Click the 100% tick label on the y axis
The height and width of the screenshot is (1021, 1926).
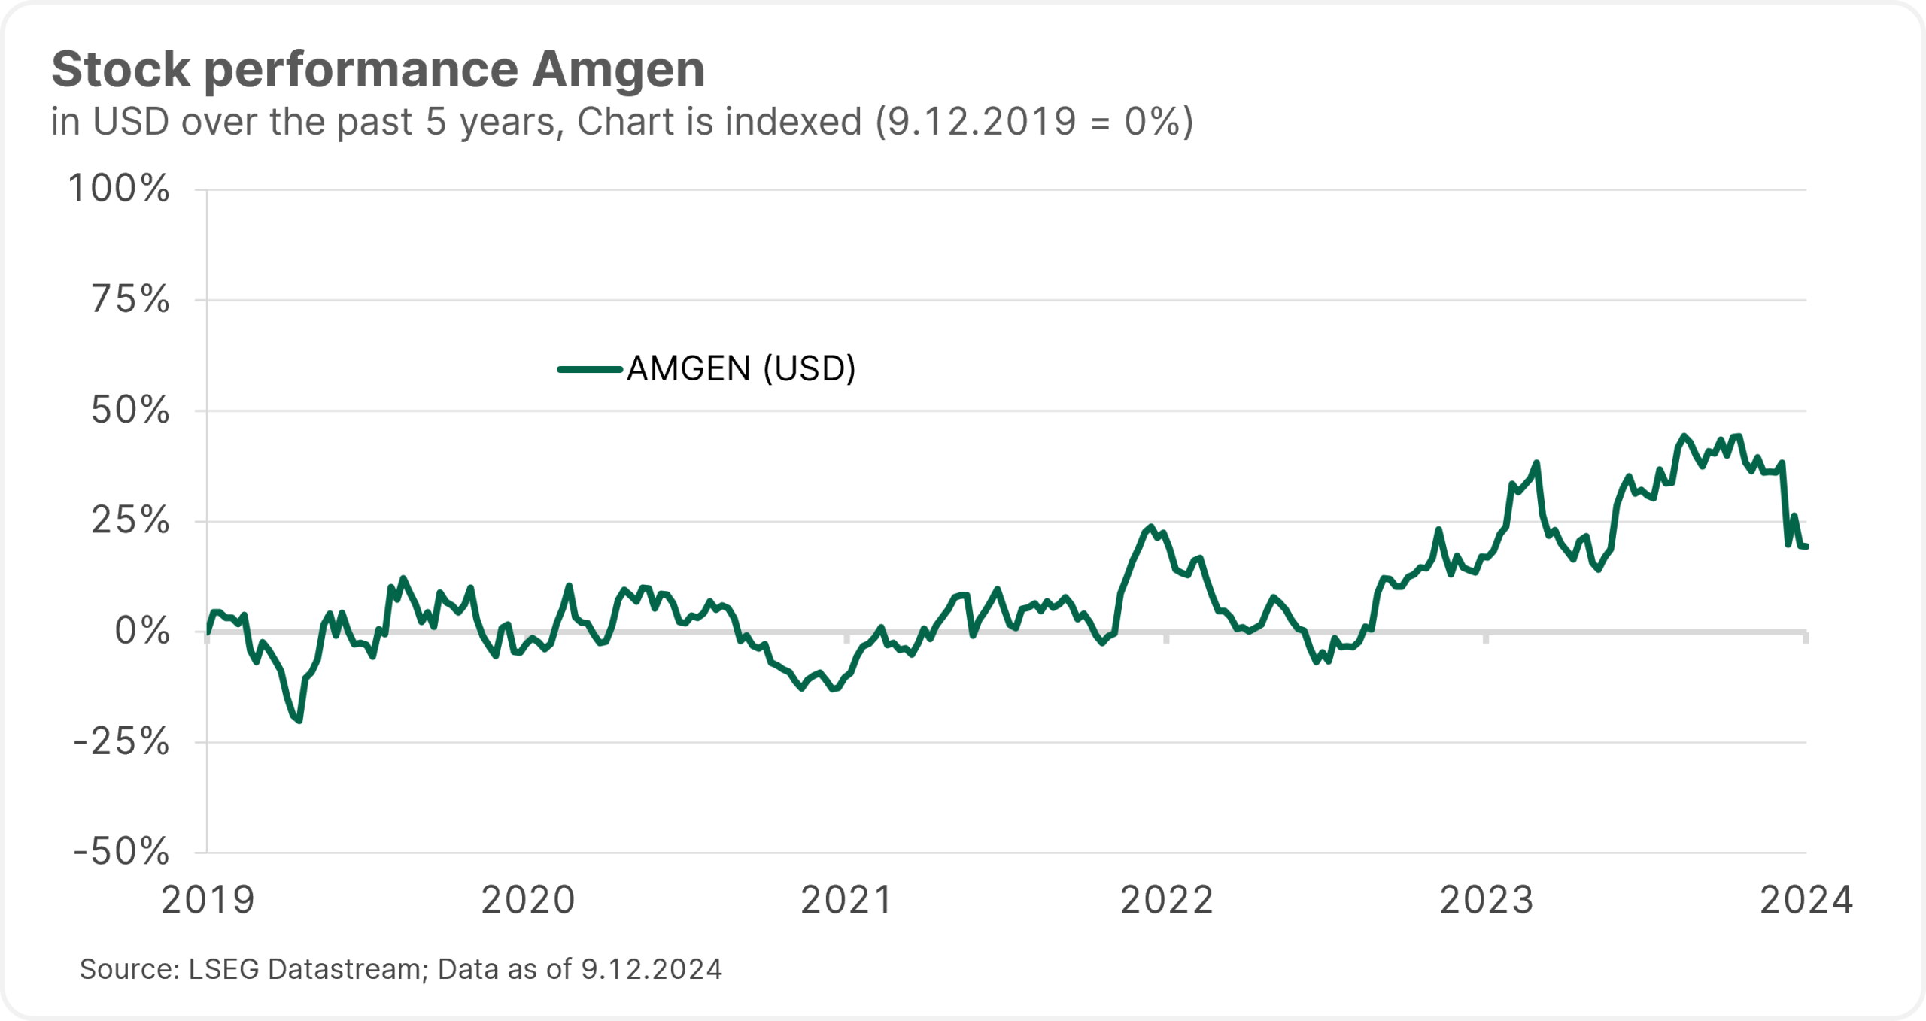(119, 189)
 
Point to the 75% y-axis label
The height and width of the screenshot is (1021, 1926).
(131, 300)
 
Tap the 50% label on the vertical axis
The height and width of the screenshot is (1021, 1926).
(130, 411)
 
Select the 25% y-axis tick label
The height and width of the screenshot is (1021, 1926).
(130, 520)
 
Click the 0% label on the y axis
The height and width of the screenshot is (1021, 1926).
(142, 631)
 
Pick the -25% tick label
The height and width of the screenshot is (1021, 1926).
(121, 742)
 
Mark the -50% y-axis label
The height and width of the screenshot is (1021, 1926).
(121, 852)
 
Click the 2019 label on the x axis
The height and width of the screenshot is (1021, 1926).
(208, 900)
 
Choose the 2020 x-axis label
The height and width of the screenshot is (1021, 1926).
(528, 900)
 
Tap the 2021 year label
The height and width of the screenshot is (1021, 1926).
(847, 900)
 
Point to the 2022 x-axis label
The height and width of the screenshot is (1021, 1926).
(1167, 900)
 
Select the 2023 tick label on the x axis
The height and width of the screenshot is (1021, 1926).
(1487, 900)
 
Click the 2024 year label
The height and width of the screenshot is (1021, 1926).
(1806, 900)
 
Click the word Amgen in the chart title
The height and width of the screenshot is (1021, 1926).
(618, 69)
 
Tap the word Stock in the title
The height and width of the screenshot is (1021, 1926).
(120, 69)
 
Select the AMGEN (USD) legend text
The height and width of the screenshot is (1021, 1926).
(741, 369)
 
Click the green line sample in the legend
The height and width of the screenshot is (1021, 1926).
(590, 369)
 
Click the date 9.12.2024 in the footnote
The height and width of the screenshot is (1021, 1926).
(652, 969)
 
